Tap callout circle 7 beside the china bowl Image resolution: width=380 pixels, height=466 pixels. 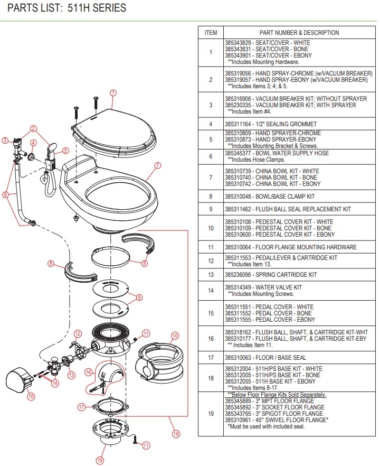[157, 165]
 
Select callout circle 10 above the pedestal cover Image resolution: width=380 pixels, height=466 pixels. [175, 335]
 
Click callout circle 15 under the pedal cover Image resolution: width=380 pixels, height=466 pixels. [31, 396]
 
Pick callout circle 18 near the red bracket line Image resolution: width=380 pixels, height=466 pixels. [176, 434]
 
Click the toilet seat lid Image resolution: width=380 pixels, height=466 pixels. [111, 127]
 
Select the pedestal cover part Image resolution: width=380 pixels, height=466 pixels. [157, 359]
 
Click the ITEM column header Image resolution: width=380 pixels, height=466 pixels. [211, 33]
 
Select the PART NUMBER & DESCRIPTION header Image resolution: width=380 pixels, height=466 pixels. [299, 33]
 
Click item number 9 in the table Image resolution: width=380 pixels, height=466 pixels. [211, 209]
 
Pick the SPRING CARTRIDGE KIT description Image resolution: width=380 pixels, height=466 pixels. [287, 275]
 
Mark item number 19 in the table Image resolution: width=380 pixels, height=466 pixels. [211, 413]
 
